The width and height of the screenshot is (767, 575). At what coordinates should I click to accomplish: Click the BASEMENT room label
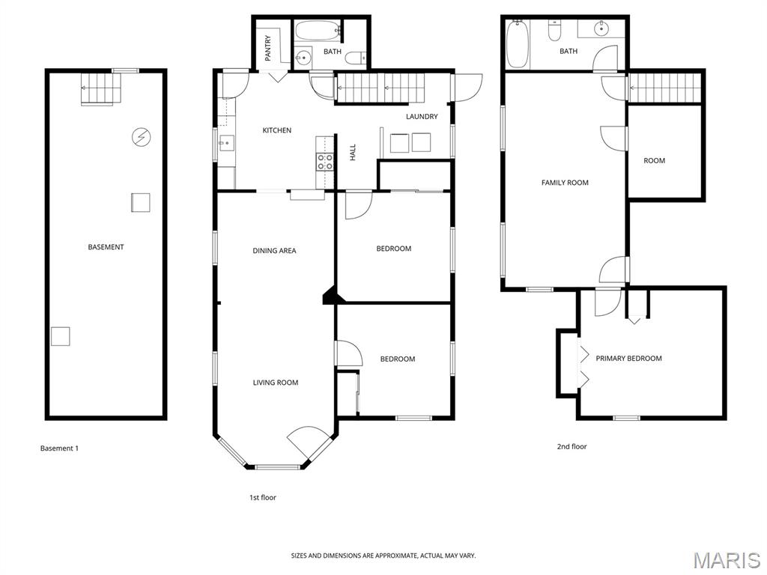click(x=106, y=247)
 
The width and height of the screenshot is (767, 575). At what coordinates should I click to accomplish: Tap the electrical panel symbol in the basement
click(x=141, y=137)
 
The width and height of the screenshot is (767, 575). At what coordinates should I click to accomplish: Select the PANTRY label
click(x=268, y=48)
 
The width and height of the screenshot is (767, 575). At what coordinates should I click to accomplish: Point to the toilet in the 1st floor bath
click(x=355, y=58)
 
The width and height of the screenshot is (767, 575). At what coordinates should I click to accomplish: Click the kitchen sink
click(x=227, y=143)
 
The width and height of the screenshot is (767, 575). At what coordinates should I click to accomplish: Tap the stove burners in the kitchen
click(x=325, y=162)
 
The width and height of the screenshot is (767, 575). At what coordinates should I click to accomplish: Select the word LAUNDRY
click(x=422, y=116)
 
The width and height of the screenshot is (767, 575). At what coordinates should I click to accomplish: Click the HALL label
click(x=353, y=153)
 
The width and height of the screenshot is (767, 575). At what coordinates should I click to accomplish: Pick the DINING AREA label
click(x=274, y=250)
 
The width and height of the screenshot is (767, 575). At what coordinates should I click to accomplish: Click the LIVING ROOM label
click(x=276, y=383)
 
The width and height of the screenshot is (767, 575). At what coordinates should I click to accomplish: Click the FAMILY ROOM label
click(x=565, y=183)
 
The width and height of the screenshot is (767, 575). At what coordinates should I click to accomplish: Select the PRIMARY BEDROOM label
click(x=628, y=359)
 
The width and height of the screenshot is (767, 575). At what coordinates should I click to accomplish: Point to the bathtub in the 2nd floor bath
click(x=517, y=44)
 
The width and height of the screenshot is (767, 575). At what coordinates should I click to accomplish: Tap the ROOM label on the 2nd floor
click(x=655, y=160)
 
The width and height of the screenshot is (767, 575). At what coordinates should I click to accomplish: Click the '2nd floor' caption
click(x=572, y=446)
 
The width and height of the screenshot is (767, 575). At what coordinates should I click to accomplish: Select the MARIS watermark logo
click(x=727, y=561)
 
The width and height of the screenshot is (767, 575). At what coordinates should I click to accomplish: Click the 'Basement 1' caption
click(x=59, y=448)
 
